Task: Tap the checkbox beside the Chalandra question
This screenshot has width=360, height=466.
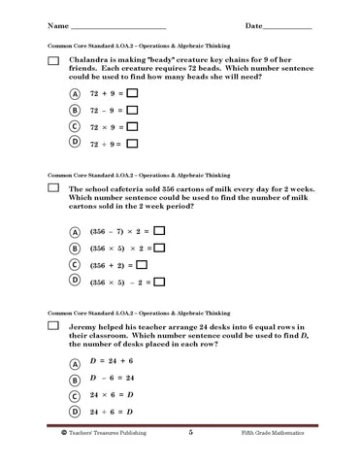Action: pos(54,61)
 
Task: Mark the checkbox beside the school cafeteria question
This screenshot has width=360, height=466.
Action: pos(54,189)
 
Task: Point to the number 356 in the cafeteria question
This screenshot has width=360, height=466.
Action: pos(179,188)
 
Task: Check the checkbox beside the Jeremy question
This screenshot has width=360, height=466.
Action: pos(54,329)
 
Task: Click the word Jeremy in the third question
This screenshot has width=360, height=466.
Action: pos(87,328)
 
